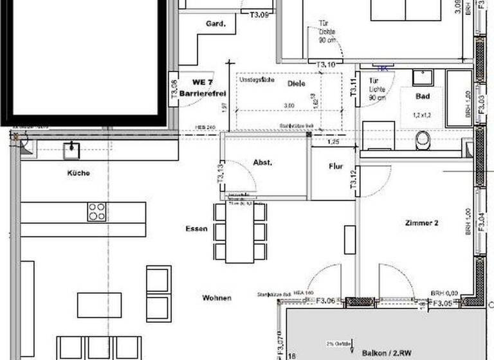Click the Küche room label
pyautogui.click(x=77, y=173)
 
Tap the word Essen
pyautogui.click(x=195, y=228)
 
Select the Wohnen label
pyautogui.click(x=217, y=298)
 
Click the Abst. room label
pyautogui.click(x=262, y=163)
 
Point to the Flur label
pyautogui.click(x=336, y=166)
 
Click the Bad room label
pyautogui.click(x=422, y=96)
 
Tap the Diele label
pyautogui.click(x=296, y=84)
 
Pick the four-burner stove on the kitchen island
pyautogui.click(x=96, y=212)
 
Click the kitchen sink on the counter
pyautogui.click(x=70, y=150)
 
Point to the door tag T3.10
pyautogui.click(x=326, y=64)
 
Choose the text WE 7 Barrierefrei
pyautogui.click(x=199, y=88)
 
